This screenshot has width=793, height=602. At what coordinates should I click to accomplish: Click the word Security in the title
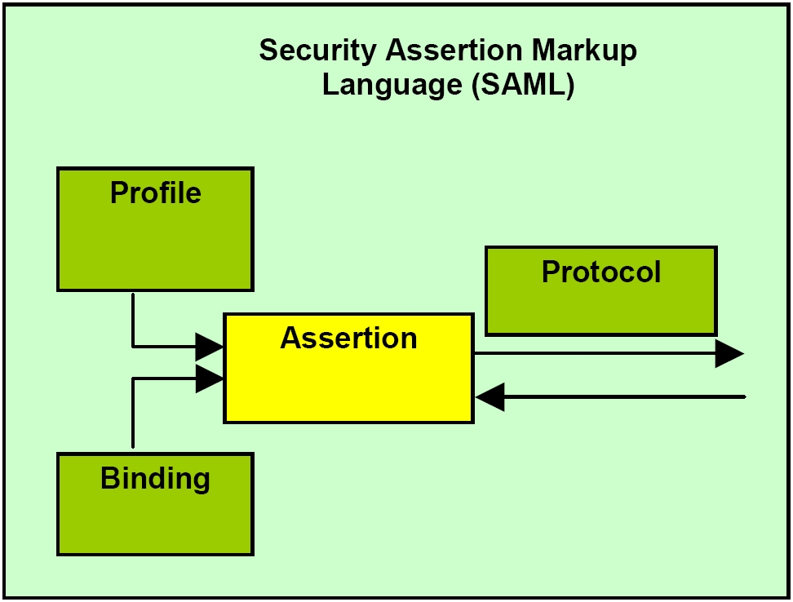[x=318, y=51]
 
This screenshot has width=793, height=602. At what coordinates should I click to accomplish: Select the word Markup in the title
[x=584, y=51]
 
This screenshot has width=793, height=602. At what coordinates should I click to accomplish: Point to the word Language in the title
[x=392, y=85]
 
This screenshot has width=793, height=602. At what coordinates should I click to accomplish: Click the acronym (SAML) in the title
[x=523, y=85]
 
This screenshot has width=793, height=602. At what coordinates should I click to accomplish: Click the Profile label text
[x=156, y=193]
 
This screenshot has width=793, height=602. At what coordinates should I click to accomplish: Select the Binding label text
[x=155, y=479]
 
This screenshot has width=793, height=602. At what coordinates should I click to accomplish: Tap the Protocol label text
[x=601, y=272]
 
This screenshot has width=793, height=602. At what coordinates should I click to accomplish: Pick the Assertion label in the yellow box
[x=349, y=338]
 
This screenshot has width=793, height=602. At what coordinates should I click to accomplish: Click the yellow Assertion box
[x=349, y=369]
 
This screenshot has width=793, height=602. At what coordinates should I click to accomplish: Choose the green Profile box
[x=155, y=229]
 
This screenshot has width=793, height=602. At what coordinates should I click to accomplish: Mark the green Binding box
[x=155, y=504]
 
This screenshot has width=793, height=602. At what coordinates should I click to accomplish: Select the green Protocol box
[x=601, y=291]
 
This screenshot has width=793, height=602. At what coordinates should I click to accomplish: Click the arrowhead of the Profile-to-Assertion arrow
[x=210, y=347]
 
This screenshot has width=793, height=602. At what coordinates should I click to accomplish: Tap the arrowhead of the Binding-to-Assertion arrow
[x=210, y=378]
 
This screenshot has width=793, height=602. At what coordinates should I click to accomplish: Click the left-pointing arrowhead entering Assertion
[x=490, y=396]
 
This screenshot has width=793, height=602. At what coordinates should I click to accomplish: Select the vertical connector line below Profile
[x=132, y=321]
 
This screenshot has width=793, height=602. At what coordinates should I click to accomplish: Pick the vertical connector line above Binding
[x=132, y=413]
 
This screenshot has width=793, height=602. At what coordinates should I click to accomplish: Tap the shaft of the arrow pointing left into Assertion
[x=625, y=396]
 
